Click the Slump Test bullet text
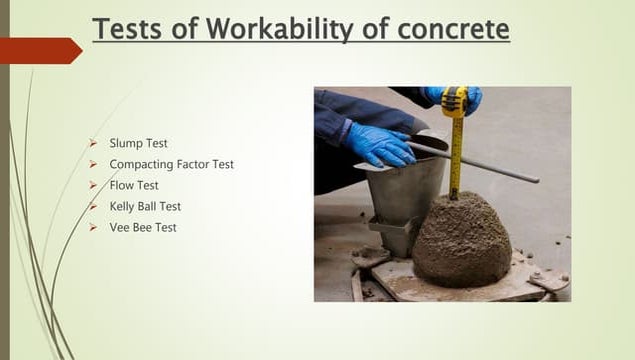click(140, 143)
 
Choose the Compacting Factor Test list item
click(171, 164)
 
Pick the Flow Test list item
click(134, 185)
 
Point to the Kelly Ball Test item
click(145, 206)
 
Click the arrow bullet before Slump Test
click(93, 143)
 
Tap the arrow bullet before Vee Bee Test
click(93, 227)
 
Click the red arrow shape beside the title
click(40, 50)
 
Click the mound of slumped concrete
click(462, 240)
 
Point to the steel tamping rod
click(480, 163)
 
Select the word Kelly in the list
click(124, 206)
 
